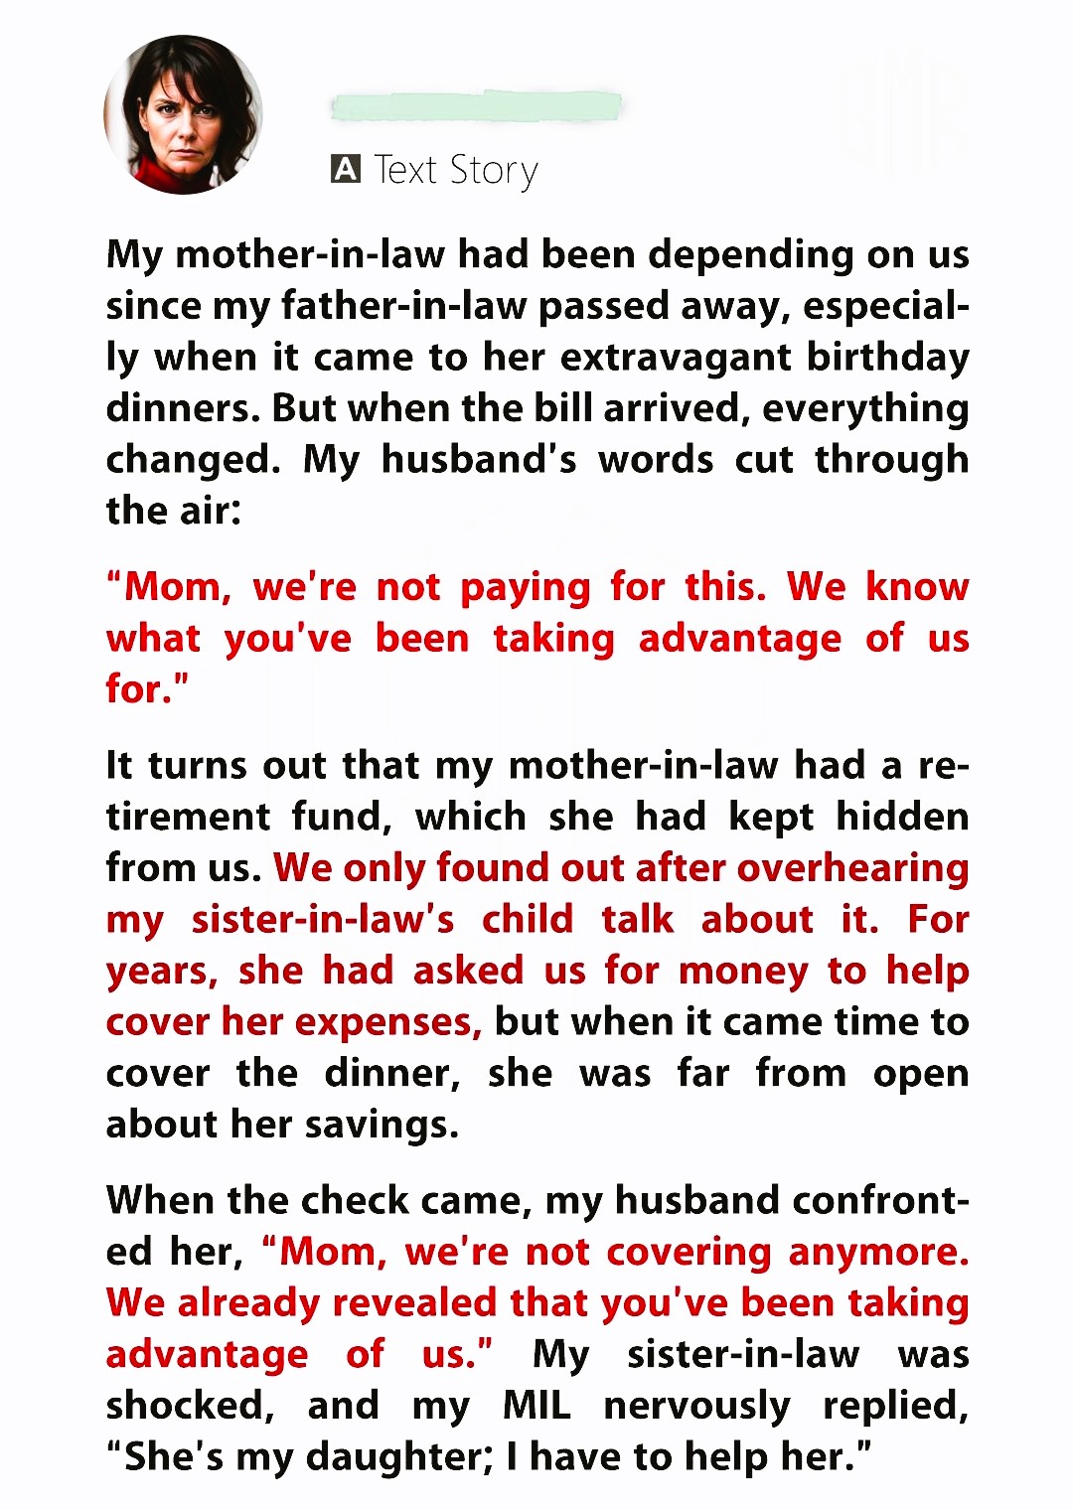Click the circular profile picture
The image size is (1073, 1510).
click(x=183, y=114)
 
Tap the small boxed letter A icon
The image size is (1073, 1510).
click(x=345, y=169)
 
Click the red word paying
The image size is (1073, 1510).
click(x=526, y=587)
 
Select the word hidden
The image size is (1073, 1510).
click(x=902, y=817)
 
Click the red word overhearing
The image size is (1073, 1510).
click(x=852, y=868)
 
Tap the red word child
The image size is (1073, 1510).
click(x=528, y=919)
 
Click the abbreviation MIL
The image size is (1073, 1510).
click(x=536, y=1406)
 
